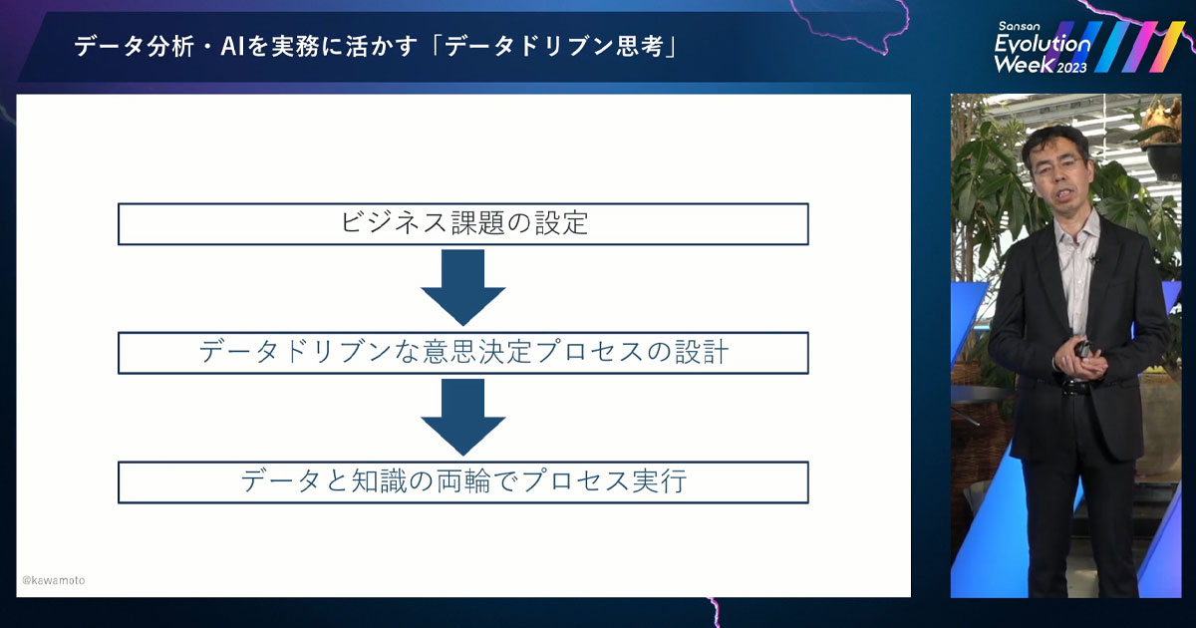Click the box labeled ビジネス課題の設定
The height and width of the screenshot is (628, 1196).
pos(462,224)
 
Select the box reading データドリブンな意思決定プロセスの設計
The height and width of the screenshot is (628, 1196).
pos(462,353)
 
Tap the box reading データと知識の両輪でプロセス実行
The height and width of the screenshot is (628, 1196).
pos(462,481)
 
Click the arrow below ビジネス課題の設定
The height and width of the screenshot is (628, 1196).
pos(462,287)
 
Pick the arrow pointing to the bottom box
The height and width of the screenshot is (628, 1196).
pos(462,417)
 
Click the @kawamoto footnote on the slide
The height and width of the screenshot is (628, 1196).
pos(54,580)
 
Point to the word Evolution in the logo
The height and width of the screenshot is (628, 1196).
pos(1043,44)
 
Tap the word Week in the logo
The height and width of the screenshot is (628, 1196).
pos(1022,66)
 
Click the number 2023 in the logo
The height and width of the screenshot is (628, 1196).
pos(1071,68)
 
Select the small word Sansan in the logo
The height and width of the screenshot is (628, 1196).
pos(1021,25)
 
